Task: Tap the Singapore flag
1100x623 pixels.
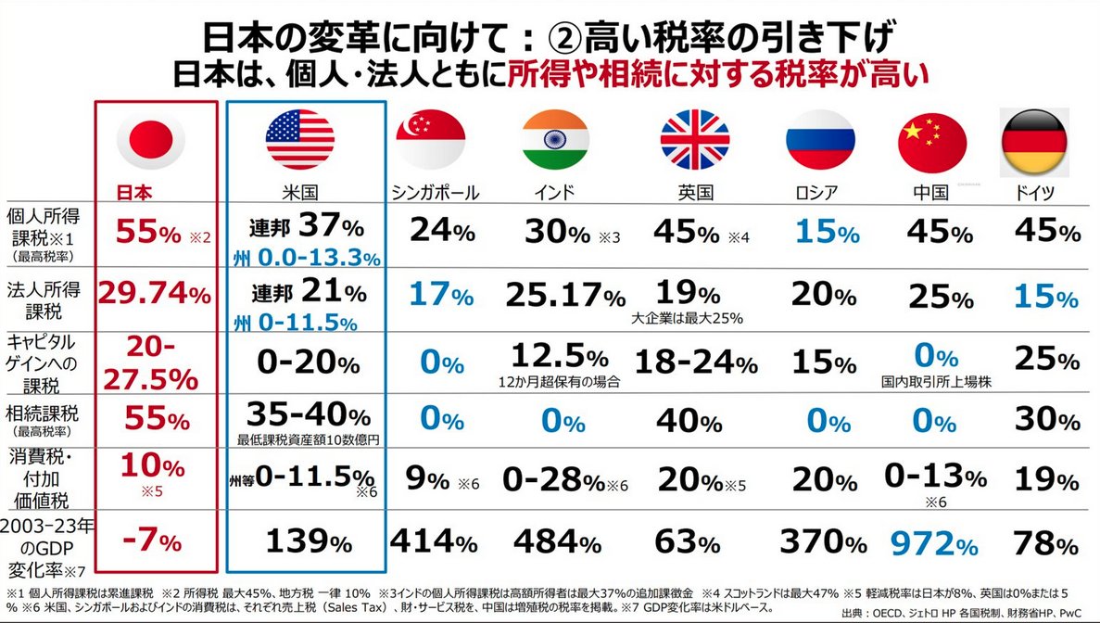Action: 430,140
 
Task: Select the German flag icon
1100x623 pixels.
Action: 1035,140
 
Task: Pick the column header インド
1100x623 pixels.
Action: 555,193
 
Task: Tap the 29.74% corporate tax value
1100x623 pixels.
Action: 156,294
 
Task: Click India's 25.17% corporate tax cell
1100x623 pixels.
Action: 565,295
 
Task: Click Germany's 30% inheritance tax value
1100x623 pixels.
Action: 1046,420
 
